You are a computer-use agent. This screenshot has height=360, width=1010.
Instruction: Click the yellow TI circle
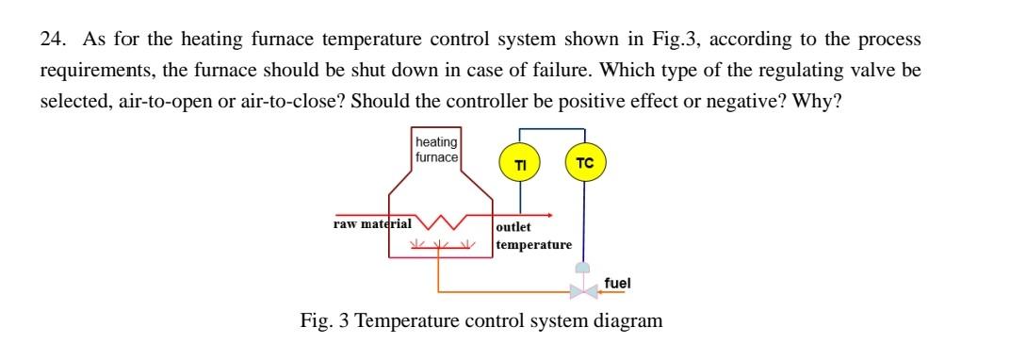(x=519, y=164)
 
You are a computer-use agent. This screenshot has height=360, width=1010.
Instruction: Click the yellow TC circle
(x=584, y=162)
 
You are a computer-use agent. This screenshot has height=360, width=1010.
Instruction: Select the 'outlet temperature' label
(x=533, y=236)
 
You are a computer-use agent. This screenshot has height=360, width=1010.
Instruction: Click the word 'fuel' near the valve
(x=618, y=282)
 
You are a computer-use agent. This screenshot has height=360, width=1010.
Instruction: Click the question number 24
(x=52, y=40)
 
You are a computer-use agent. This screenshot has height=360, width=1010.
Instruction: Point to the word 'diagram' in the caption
(x=628, y=320)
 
